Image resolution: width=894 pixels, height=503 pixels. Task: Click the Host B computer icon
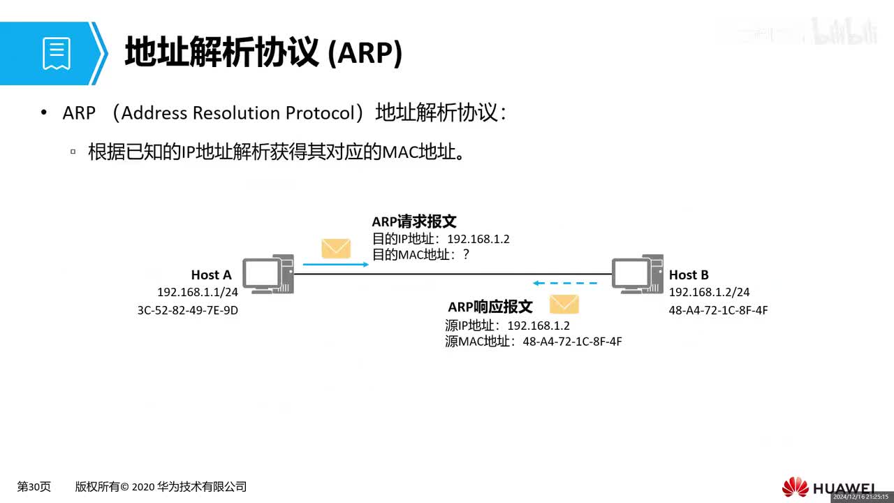(x=637, y=274)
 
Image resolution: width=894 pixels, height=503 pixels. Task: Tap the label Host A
(x=211, y=275)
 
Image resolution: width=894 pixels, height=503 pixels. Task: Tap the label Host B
(x=689, y=275)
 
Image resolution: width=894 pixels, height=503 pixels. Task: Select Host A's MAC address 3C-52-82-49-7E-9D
(x=188, y=310)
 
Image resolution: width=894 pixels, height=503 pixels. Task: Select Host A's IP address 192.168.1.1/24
(x=198, y=293)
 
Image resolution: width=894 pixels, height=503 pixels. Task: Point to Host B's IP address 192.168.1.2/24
(x=709, y=293)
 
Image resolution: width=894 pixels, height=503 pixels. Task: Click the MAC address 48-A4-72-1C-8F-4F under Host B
(x=718, y=310)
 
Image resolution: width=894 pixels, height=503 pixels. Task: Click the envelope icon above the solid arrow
(x=335, y=248)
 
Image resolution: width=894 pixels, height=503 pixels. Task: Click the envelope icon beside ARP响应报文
(x=564, y=304)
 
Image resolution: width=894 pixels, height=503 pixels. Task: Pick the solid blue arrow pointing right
(x=335, y=265)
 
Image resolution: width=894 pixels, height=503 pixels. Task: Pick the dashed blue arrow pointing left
(x=565, y=284)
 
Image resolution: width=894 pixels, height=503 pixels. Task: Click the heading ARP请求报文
(x=413, y=221)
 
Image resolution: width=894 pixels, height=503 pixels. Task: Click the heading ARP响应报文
(x=490, y=307)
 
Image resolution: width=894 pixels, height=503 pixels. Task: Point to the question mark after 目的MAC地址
(x=466, y=255)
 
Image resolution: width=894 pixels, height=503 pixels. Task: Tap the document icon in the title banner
(x=57, y=54)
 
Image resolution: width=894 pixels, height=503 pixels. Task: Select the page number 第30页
(x=34, y=487)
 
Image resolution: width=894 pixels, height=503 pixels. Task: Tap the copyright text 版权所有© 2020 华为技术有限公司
(x=161, y=487)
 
